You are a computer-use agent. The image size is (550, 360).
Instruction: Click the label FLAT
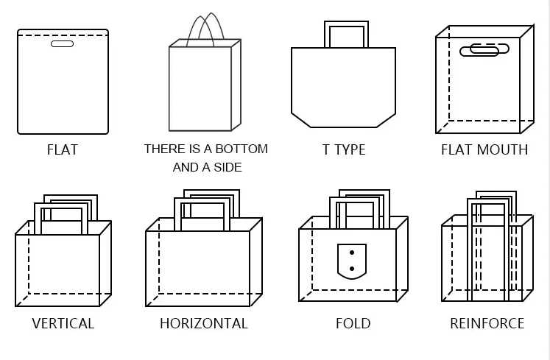tap(62, 149)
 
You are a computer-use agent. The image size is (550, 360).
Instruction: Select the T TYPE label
tap(344, 149)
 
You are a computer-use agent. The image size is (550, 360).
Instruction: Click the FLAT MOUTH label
tap(484, 149)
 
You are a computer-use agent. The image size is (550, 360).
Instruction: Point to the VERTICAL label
tap(63, 323)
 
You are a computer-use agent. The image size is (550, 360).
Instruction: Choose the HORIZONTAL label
tap(204, 323)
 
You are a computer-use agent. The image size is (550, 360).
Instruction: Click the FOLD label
tap(353, 323)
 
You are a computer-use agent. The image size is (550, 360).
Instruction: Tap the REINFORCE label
tap(487, 323)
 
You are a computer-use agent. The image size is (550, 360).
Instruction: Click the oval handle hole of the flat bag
tap(63, 44)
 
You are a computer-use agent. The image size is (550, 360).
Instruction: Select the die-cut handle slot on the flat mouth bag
tap(484, 50)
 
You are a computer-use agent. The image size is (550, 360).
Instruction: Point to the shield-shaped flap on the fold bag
tap(352, 261)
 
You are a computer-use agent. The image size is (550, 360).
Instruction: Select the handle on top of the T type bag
tap(346, 32)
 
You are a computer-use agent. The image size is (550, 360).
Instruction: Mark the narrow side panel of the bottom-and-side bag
tap(236, 85)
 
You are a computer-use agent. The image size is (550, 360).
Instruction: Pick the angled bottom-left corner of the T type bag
tap(299, 120)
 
